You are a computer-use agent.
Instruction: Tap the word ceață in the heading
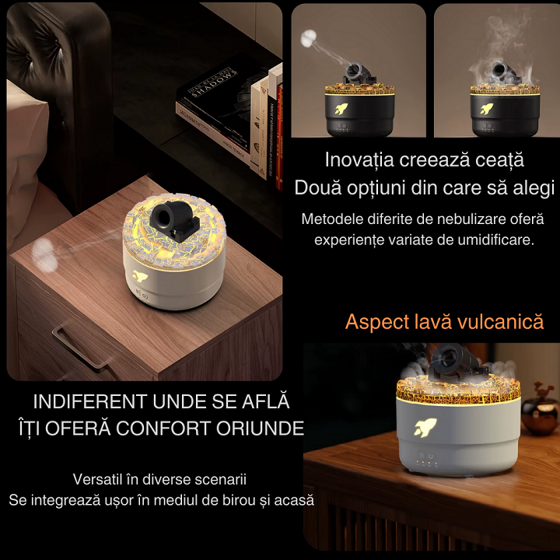point(498,161)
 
